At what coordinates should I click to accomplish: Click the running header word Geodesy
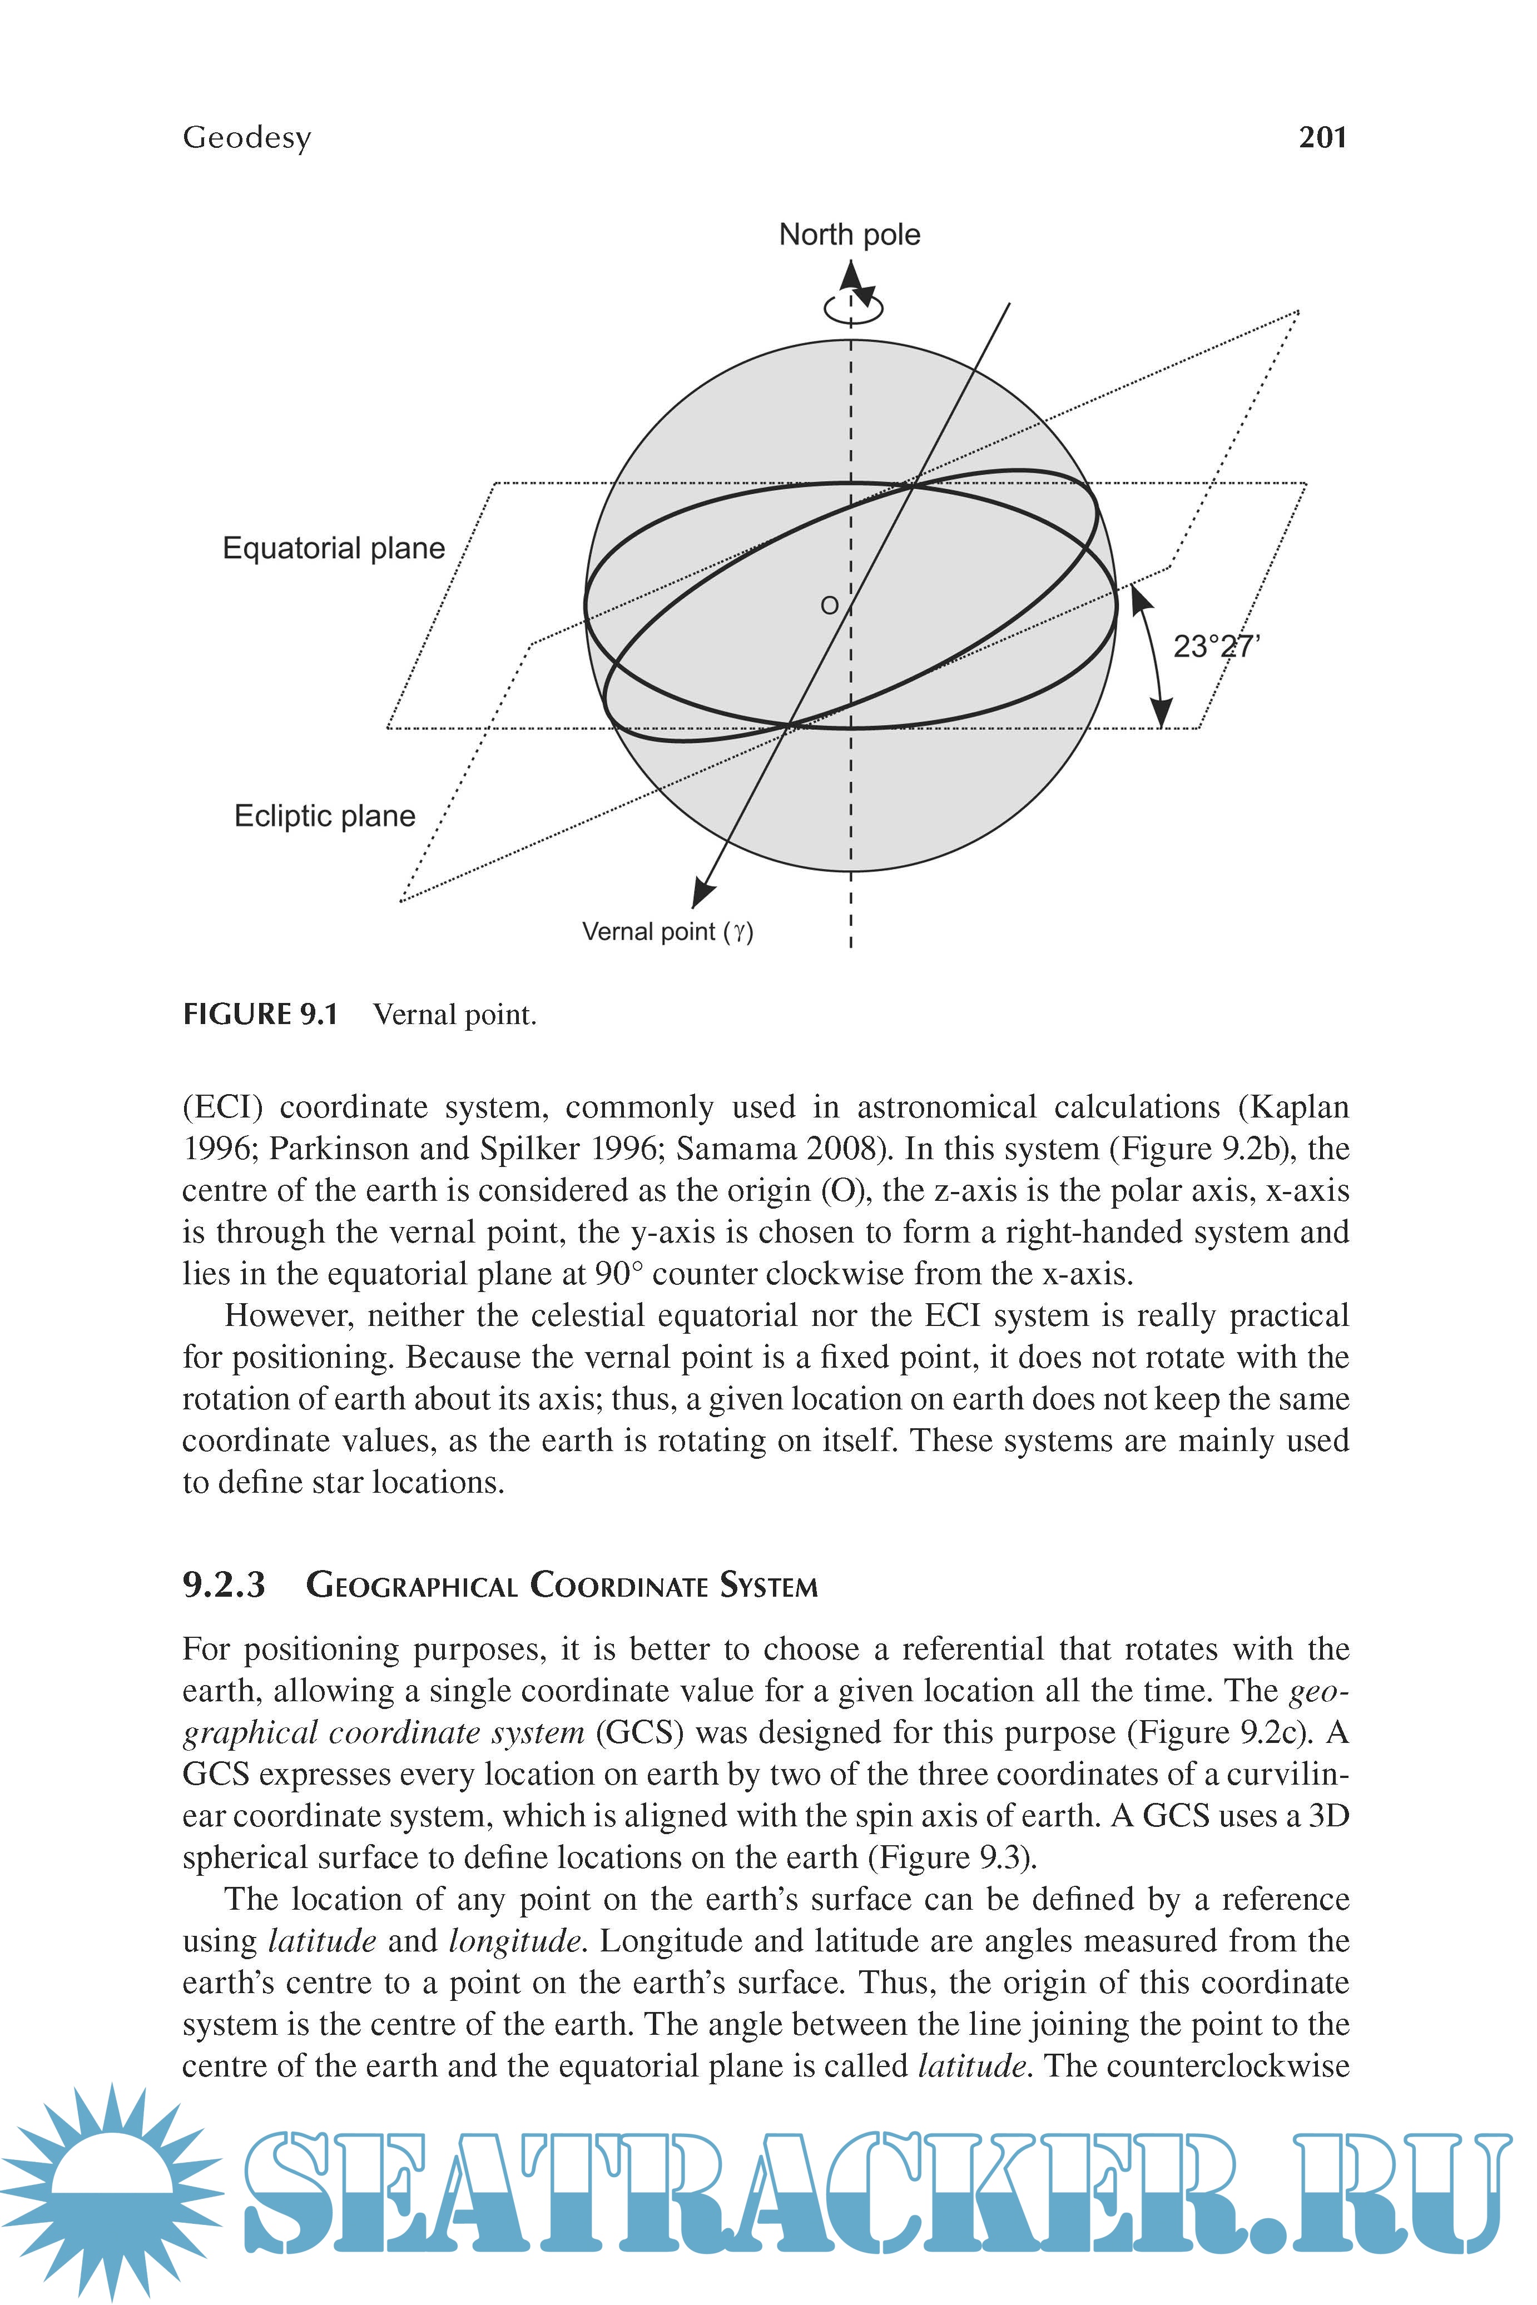[247, 137]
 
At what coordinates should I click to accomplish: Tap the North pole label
[849, 235]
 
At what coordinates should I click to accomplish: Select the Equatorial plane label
[333, 548]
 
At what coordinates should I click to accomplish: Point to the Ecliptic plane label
[324, 816]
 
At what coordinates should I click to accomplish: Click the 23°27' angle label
[1216, 647]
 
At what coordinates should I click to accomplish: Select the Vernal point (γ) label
[667, 931]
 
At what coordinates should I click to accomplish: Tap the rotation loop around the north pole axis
[853, 308]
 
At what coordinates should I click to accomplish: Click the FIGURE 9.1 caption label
[260, 1014]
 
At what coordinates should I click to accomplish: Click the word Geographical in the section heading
[411, 1586]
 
